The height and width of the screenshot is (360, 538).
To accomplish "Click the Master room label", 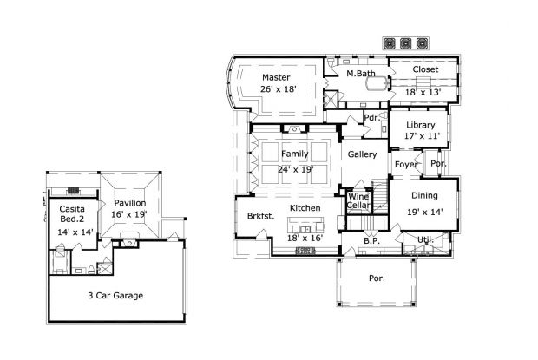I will tap(276, 77).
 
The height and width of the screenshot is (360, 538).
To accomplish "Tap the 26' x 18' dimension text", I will tap(278, 88).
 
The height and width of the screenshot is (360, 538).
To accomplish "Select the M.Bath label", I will tap(359, 74).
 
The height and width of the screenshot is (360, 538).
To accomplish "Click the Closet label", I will tap(425, 69).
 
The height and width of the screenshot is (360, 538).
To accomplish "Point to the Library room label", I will tap(420, 125).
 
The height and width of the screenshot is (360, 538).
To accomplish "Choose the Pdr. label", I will tap(371, 118).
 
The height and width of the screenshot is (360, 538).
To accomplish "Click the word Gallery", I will tap(361, 154).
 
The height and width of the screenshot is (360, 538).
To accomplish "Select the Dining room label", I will tap(424, 196).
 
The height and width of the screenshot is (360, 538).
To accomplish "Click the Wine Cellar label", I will tap(358, 202).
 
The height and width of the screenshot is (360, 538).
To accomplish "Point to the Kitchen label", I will tap(305, 208).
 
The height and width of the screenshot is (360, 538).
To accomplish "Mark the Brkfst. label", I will tap(260, 216).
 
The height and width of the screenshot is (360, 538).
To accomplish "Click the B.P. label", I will tap(371, 240).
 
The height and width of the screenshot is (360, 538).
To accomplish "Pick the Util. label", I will tap(424, 239).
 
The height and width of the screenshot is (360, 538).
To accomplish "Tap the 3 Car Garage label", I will tap(115, 295).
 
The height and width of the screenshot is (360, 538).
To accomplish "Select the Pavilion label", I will tap(129, 202).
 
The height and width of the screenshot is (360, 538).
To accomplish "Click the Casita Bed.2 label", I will tap(72, 214).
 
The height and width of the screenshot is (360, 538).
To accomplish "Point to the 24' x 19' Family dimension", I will tap(296, 169).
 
